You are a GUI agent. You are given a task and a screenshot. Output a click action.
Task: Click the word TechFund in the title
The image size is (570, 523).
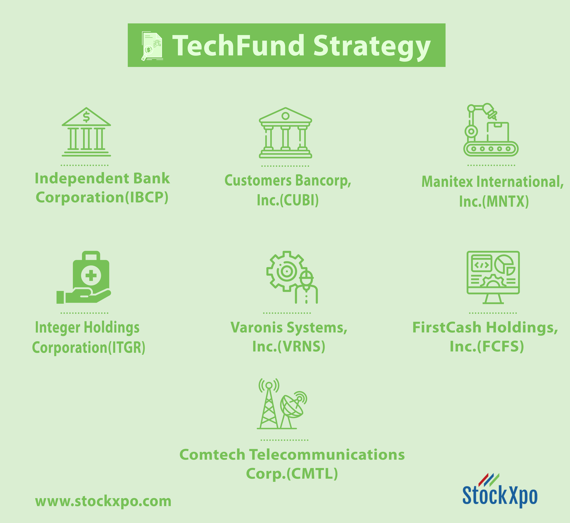coord(238,45)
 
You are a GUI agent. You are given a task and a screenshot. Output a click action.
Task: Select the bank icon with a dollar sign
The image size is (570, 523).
coord(86,132)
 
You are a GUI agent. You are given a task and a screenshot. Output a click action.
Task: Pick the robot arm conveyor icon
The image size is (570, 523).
coord(491,130)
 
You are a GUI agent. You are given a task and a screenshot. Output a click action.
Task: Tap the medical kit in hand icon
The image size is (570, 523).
coord(84,277)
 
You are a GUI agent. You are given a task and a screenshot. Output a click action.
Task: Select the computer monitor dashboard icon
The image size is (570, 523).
coord(493,277)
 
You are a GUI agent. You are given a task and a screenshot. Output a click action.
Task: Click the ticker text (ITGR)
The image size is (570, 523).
coord(127,348)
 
